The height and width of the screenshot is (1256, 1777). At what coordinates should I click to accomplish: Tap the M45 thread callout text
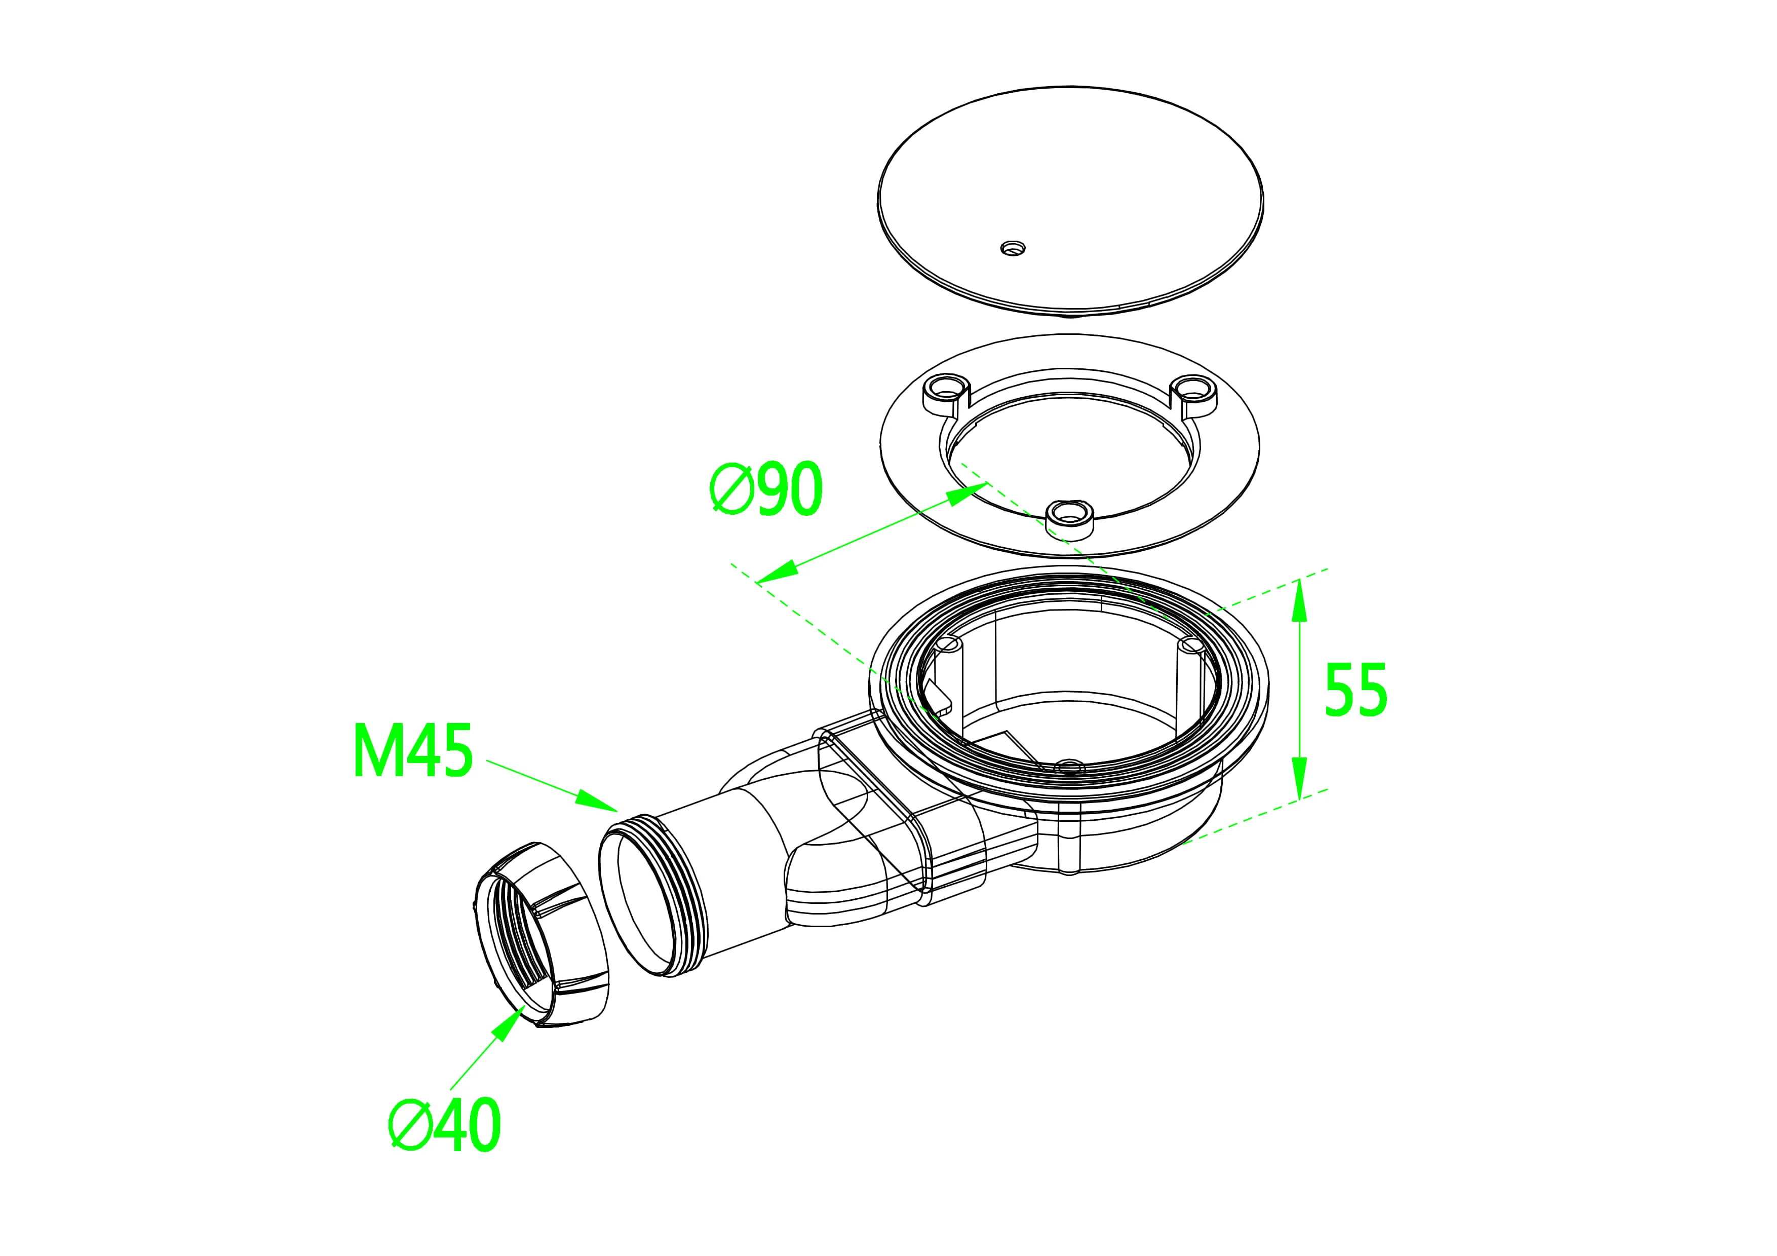tap(412, 751)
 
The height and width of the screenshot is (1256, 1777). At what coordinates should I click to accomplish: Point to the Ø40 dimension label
tap(445, 1124)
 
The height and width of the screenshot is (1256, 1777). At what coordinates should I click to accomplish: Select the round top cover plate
tap(1070, 201)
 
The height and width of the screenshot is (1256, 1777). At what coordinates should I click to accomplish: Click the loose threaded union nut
tap(539, 934)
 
